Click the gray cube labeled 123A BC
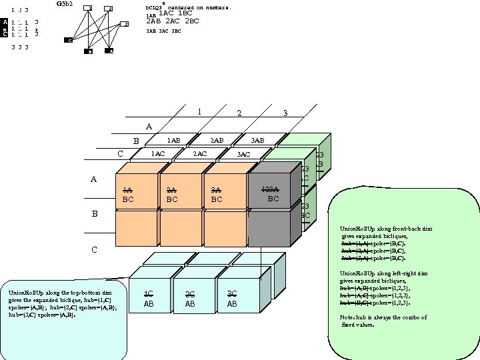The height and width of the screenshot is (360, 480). [269, 193]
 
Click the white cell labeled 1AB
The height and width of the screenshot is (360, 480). [173, 141]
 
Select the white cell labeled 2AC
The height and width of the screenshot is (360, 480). [199, 154]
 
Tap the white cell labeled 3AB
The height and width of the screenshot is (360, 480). [257, 141]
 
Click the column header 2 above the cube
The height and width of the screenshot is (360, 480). [239, 113]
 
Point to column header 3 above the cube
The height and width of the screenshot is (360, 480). [285, 113]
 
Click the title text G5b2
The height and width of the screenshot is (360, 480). [65, 4]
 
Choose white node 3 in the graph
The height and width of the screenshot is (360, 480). [124, 25]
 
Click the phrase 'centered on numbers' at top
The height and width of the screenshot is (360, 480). [199, 7]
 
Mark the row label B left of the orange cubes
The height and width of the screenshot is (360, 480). [94, 214]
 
